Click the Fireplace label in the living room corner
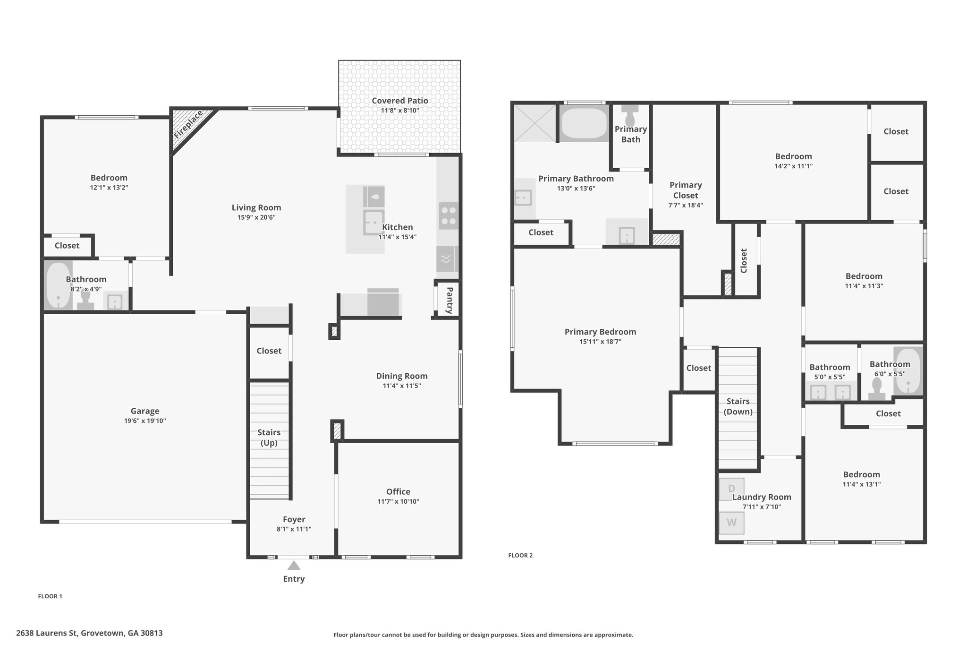(x=188, y=124)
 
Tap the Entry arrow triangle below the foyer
(x=294, y=566)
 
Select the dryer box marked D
(x=731, y=489)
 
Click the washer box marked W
(x=731, y=523)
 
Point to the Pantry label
(x=450, y=300)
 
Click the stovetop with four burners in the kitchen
(x=449, y=216)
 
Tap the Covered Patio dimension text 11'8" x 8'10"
(x=400, y=111)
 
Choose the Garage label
(x=145, y=411)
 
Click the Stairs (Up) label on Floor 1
(x=269, y=438)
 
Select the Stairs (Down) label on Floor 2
(x=738, y=406)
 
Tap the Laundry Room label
(x=762, y=497)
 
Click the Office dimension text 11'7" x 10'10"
(x=398, y=501)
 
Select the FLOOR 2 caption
(x=520, y=555)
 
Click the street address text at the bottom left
(x=89, y=633)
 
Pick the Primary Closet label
(x=686, y=190)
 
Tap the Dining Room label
(x=402, y=376)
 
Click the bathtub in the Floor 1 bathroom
(x=58, y=285)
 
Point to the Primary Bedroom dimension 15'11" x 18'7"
(x=600, y=342)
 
